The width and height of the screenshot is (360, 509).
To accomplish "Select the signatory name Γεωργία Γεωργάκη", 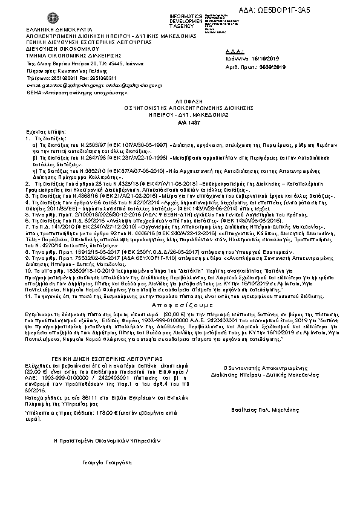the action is point(100,461).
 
